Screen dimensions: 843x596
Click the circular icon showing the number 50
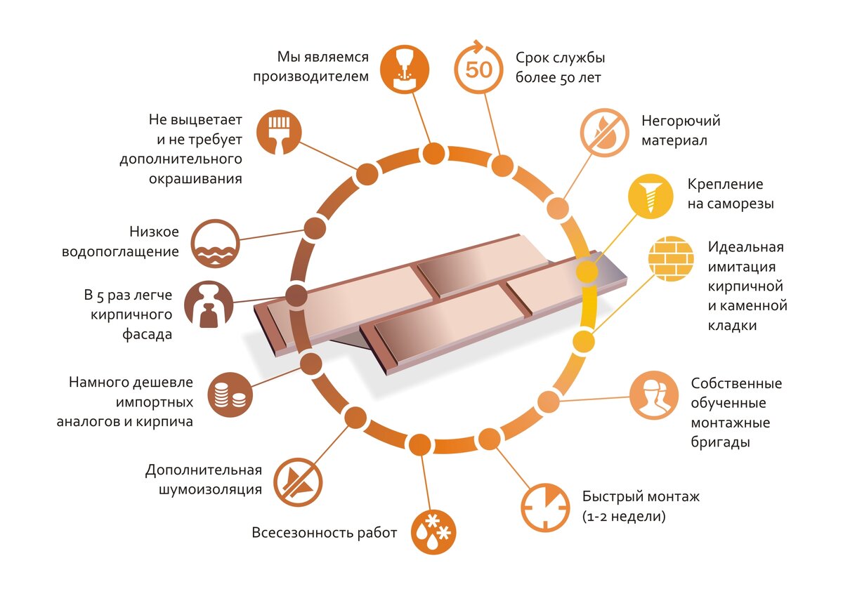(478, 68)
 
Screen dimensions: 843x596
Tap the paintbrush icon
(279, 132)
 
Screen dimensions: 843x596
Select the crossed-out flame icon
(604, 133)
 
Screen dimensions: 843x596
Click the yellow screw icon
(651, 196)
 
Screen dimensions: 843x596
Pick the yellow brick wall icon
(671, 259)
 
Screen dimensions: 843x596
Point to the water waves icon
(215, 244)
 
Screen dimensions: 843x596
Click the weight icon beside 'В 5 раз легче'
(209, 304)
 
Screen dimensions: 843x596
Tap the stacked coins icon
(230, 395)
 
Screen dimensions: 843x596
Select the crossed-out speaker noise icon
(298, 482)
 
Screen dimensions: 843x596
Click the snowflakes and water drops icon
(433, 532)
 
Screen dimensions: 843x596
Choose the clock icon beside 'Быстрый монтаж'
(545, 508)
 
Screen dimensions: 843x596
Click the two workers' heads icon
(654, 395)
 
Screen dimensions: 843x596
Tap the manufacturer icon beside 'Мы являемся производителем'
(405, 69)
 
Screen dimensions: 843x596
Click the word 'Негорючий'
(681, 121)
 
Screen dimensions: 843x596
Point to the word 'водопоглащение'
(120, 252)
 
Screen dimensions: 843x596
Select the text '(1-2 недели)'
(624, 516)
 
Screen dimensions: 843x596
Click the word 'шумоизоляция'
(210, 489)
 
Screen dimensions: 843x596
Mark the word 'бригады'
(720, 442)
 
